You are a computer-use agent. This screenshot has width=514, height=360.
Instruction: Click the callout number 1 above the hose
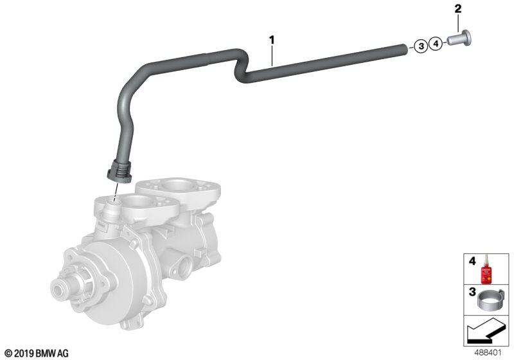tap(272, 40)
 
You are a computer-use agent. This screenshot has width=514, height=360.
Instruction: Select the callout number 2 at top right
tap(458, 9)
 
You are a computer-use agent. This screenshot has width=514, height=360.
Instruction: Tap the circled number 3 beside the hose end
tap(420, 46)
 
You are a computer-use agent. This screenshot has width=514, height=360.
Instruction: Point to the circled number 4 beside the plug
tap(435, 44)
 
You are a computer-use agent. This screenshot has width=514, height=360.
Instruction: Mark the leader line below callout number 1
tap(272, 55)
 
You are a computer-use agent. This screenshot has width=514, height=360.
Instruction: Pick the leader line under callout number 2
tap(458, 22)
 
